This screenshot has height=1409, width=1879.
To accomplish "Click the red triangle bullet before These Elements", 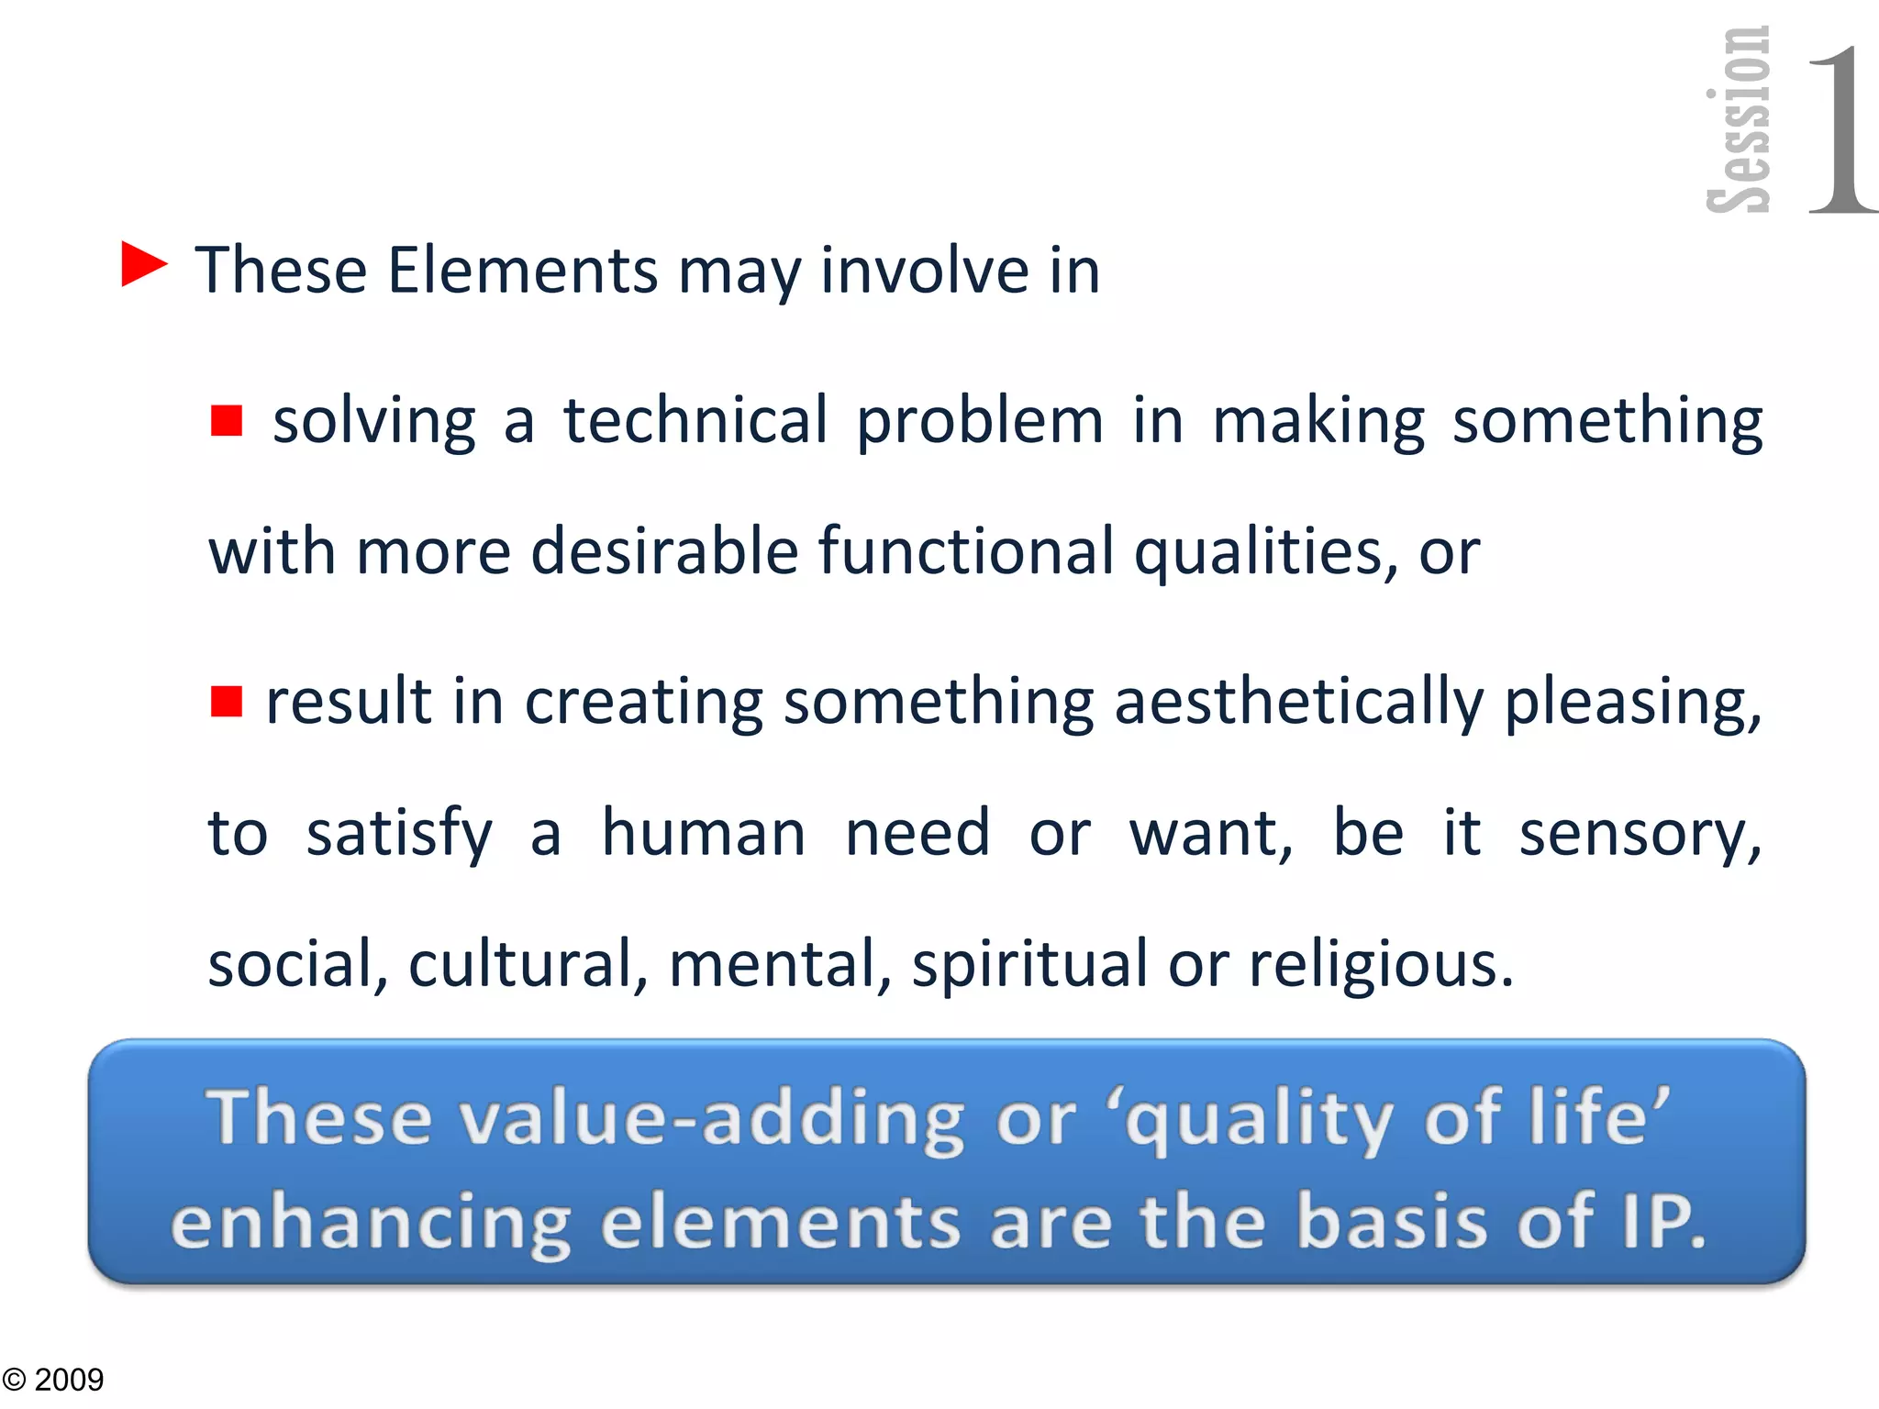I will point(142,265).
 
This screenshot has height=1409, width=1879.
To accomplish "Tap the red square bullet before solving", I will point(226,421).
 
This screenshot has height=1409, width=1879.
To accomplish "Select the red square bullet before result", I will point(226,701).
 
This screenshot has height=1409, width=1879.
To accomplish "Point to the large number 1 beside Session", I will point(1840,128).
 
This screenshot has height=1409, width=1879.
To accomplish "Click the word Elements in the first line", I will point(522,271).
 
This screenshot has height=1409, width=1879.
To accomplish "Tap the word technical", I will point(695,421).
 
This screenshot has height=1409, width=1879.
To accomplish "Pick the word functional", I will point(965,552).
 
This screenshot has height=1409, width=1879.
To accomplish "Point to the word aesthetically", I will point(1298,703).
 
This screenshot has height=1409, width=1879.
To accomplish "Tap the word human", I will point(703,834).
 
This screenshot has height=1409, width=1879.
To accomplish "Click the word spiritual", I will point(1029,966).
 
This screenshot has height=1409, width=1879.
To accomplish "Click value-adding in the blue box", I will point(710,1118).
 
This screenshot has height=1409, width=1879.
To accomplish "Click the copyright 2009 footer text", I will point(53,1380).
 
